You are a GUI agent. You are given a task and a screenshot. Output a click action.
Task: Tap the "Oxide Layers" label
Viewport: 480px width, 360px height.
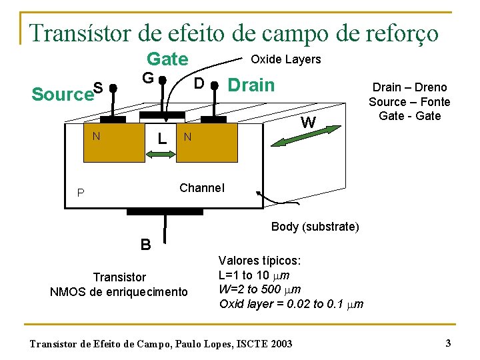(x=285, y=59)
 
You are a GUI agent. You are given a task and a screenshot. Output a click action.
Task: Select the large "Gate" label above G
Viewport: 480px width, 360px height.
(x=167, y=59)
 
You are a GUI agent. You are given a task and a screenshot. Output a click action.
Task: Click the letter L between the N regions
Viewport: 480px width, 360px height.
(x=161, y=139)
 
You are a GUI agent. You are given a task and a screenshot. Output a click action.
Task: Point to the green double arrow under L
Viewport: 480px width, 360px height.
(x=159, y=154)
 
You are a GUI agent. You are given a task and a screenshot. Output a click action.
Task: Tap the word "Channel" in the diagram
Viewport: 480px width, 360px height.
(x=202, y=187)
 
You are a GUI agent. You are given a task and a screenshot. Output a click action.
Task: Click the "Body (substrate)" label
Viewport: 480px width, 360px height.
(x=315, y=227)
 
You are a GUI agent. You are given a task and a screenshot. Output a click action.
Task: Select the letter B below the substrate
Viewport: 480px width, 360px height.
(x=145, y=244)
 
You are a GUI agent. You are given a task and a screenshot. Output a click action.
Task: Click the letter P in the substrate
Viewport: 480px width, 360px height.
(x=81, y=193)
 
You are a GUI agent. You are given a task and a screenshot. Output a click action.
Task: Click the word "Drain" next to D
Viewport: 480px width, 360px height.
(x=251, y=85)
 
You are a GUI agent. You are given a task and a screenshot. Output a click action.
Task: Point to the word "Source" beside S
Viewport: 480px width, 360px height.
(x=62, y=95)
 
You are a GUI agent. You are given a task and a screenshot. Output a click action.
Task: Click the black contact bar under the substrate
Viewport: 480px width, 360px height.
(x=164, y=211)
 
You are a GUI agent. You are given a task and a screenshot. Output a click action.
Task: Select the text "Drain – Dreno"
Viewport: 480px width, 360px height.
(x=409, y=87)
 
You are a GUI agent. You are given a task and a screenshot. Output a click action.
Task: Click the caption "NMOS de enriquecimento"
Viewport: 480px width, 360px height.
(x=119, y=291)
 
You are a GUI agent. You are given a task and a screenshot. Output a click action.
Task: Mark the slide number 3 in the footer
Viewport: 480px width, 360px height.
(x=448, y=343)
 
